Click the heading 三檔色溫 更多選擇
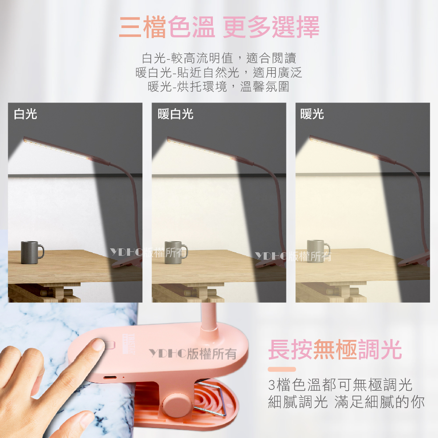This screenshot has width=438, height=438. pos(219,27)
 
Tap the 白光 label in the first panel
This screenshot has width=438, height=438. pos(25,114)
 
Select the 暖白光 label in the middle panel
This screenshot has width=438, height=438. pos(176,114)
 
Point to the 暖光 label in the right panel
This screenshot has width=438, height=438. pos(312,114)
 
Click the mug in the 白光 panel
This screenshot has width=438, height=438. pos(32,253)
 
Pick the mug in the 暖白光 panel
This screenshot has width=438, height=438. pos(176,253)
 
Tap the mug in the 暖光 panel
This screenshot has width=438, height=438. pos(318,251)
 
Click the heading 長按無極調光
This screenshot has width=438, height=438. pos(335,350)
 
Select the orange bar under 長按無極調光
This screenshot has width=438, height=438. pos(282,369)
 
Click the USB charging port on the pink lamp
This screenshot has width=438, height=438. pos(110,378)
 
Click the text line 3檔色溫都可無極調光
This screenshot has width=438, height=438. pos(340,385)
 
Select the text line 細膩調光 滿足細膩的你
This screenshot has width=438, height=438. pos(346,402)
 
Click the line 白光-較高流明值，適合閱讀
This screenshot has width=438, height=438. pos(219,58)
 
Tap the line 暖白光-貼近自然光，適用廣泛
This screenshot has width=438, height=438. pos(219,73)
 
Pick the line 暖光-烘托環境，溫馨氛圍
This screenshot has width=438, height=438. pos(219,87)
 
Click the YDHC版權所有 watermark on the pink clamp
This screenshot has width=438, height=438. pos(193,353)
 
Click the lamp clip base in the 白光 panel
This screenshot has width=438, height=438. pos(127,262)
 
